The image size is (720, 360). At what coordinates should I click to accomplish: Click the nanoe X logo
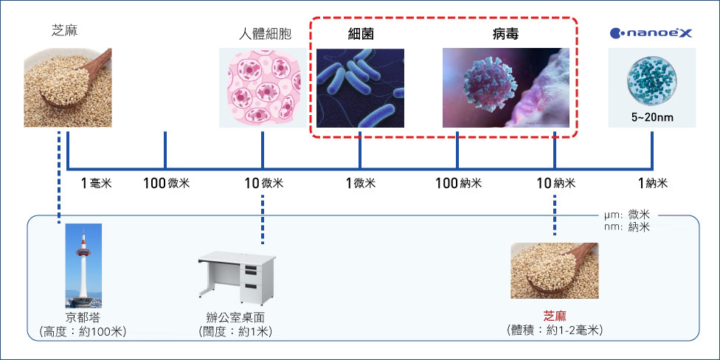651,32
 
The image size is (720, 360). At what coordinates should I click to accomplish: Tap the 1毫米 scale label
96,184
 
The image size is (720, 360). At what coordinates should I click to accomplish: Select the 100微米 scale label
166,184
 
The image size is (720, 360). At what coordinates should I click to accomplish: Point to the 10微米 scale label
264,184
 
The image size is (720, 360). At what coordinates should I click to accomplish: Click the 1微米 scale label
361,184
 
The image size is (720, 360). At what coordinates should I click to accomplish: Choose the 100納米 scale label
459,184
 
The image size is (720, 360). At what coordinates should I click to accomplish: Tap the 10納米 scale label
556,184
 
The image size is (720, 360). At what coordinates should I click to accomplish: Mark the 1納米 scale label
652,184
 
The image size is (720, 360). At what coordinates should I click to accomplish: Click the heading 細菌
360,34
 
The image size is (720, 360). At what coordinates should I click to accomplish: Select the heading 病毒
505,34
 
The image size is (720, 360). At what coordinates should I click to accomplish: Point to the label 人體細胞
265,35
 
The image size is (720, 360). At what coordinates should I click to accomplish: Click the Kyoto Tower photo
83,266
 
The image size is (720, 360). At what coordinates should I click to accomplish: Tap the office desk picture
237,278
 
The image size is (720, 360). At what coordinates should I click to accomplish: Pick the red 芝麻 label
555,316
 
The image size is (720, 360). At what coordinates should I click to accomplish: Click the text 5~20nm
652,118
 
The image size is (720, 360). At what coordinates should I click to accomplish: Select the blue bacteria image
360,88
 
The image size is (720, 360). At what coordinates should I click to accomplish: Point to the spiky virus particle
491,85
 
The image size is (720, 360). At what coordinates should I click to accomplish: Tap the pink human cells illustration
262,88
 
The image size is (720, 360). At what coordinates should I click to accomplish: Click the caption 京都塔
83,317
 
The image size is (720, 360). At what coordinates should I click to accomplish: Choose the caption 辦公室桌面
236,317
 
